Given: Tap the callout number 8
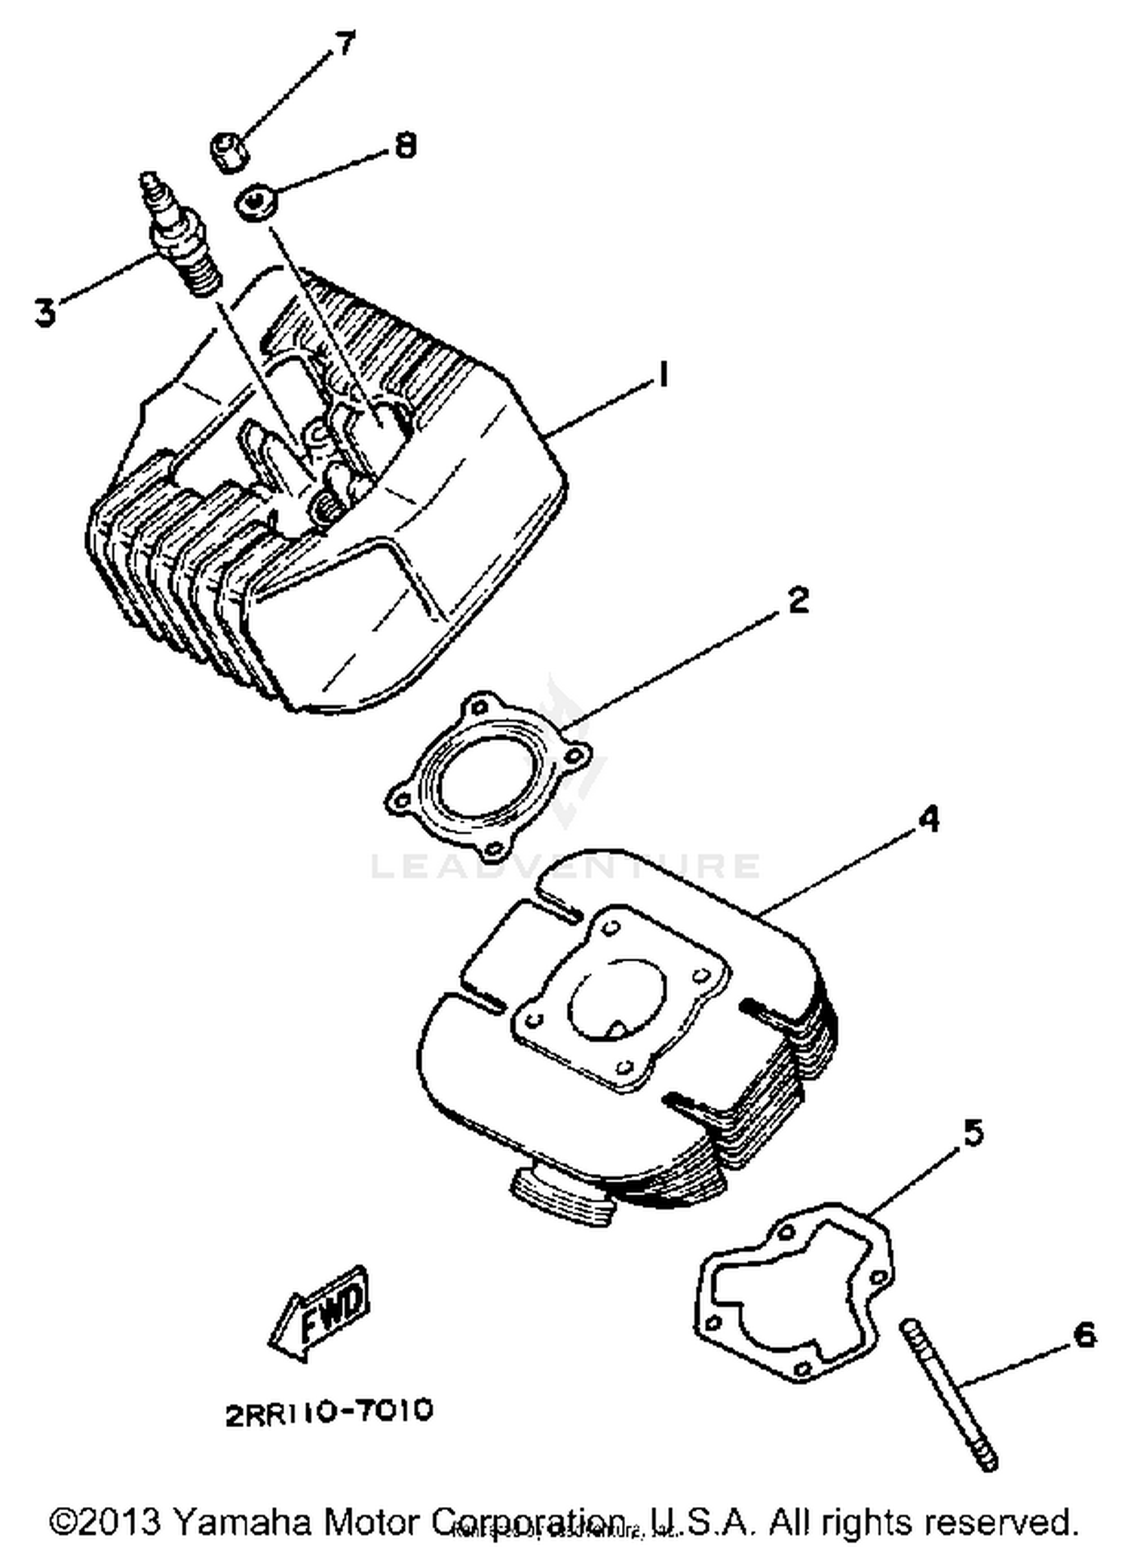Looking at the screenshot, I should pyautogui.click(x=406, y=145).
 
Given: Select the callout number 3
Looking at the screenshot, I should pyautogui.click(x=45, y=311).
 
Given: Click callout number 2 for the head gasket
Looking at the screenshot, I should pyautogui.click(x=797, y=601).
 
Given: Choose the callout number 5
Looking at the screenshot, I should pyautogui.click(x=973, y=1133).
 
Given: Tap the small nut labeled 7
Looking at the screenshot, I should pyautogui.click(x=228, y=151).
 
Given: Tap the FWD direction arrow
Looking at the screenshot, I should pyautogui.click(x=320, y=1311).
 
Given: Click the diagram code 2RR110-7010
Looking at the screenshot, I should pyautogui.click(x=329, y=1411).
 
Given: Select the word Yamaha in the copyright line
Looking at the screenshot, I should pyautogui.click(x=242, y=1521).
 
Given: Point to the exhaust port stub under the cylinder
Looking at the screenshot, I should pyautogui.click(x=562, y=1198).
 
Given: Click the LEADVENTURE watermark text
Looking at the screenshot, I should pyautogui.click(x=565, y=866).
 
